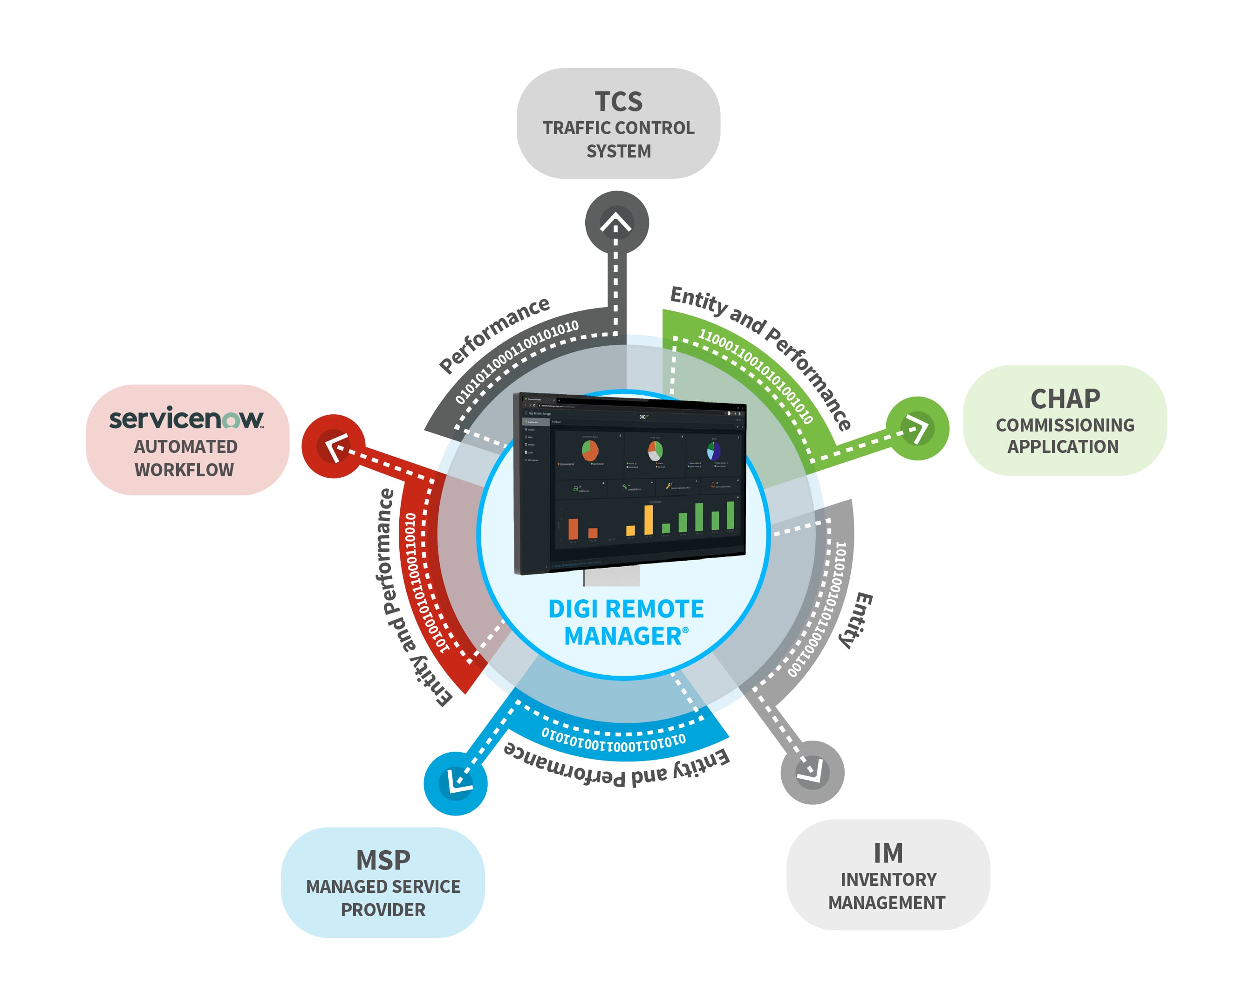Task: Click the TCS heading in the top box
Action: click(618, 102)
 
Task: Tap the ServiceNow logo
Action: click(186, 418)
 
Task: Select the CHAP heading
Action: click(1065, 399)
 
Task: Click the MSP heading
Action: click(382, 860)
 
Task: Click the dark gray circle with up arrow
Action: click(616, 222)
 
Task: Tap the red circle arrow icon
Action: click(333, 446)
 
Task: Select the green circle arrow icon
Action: click(917, 429)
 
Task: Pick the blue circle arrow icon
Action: click(455, 783)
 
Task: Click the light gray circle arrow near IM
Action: click(812, 772)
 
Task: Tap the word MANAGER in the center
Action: click(622, 637)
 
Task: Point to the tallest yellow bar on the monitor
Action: click(649, 519)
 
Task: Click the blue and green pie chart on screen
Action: click(714, 451)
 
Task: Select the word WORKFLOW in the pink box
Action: click(184, 470)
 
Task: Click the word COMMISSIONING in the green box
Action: click(1065, 425)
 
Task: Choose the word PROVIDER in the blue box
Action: click(382, 910)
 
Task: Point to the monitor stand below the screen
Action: click(611, 576)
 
